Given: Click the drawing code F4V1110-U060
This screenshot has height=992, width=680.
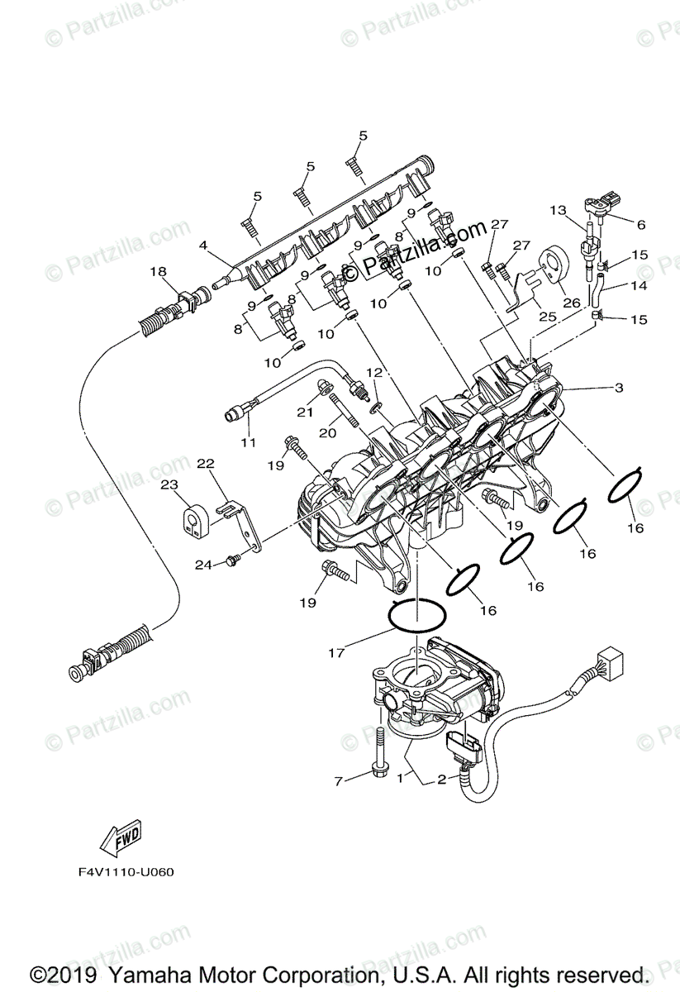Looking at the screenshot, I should click(121, 871).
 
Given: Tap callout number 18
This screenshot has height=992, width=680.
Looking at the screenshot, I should click(158, 271).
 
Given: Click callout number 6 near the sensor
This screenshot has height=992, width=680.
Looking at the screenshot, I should click(640, 224).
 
